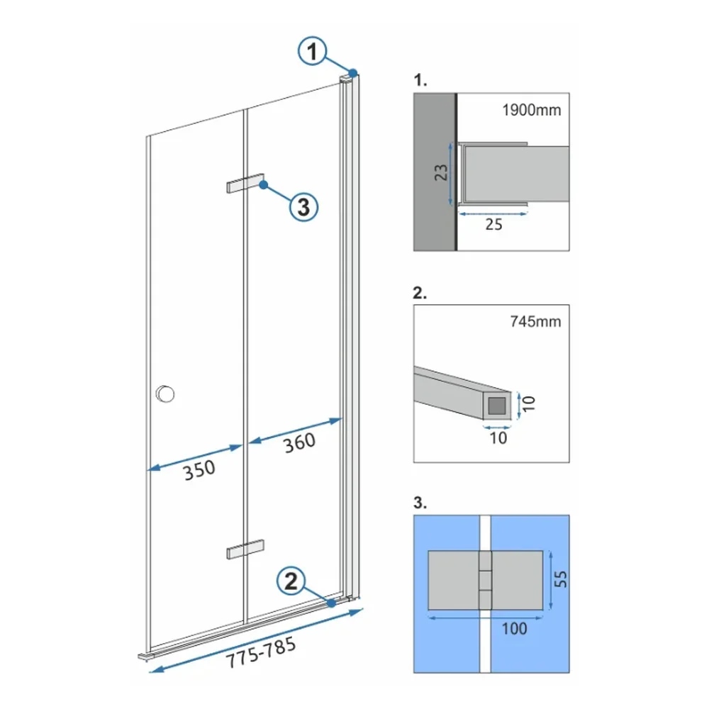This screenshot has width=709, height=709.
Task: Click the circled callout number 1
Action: (312, 51)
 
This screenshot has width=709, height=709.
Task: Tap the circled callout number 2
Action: (291, 581)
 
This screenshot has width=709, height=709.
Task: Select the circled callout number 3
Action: (303, 207)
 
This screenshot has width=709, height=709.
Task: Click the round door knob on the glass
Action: (165, 393)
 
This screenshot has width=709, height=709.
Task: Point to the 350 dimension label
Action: (199, 470)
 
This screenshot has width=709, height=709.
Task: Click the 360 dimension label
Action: (299, 442)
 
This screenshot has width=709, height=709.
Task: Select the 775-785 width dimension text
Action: (261, 652)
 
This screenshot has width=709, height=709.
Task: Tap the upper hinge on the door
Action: (245, 183)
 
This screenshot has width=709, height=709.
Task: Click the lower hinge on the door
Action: (245, 549)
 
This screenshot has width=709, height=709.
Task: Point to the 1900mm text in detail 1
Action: (531, 110)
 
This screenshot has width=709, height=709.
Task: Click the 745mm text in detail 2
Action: (535, 321)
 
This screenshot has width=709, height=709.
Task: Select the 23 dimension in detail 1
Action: (441, 172)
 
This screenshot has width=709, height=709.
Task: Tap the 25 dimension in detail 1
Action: (493, 224)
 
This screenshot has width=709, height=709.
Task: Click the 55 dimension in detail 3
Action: (560, 579)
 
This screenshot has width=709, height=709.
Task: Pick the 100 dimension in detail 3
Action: (514, 628)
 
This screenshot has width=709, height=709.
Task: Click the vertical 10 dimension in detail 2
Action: (529, 403)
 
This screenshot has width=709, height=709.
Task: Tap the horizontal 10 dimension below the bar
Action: (498, 437)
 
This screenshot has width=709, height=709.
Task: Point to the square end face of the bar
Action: (497, 406)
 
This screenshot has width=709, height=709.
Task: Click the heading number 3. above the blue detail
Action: (420, 503)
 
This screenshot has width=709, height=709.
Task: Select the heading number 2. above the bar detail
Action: (420, 293)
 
